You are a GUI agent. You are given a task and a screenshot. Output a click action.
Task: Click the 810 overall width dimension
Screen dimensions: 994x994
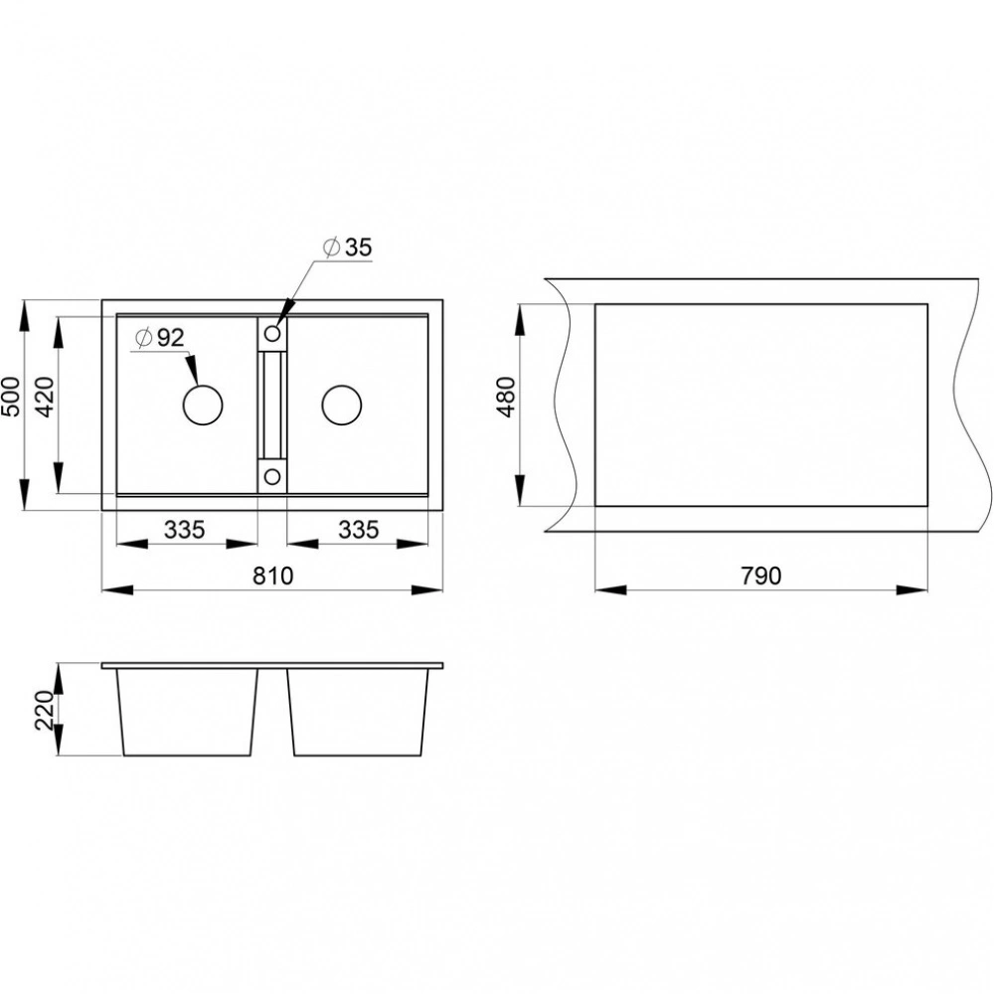(x=273, y=576)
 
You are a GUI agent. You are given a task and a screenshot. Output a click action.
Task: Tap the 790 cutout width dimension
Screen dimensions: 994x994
(x=760, y=576)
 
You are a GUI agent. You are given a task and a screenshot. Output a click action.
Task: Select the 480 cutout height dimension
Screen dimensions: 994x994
(x=507, y=397)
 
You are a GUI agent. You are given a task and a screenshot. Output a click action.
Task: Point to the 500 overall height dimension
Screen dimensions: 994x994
(x=11, y=397)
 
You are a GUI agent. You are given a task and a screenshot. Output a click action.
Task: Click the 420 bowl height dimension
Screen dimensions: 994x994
(x=45, y=397)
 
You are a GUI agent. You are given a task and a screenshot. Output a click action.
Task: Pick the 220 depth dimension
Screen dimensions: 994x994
(x=45, y=710)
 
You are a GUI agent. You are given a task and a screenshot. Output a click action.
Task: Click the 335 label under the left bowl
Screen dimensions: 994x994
(x=185, y=530)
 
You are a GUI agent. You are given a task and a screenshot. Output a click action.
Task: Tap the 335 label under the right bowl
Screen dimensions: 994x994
(x=358, y=530)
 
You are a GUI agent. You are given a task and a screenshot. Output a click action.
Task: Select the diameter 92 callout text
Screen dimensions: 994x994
(x=160, y=338)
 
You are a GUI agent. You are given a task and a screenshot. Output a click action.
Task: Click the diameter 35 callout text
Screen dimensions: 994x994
(x=347, y=248)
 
